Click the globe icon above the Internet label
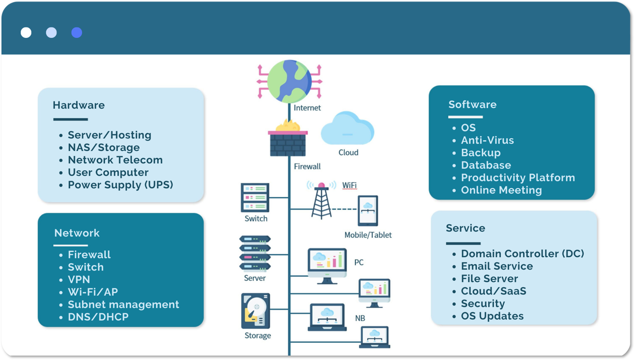pyautogui.click(x=289, y=81)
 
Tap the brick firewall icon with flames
pyautogui.click(x=288, y=140)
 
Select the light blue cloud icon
pyautogui.click(x=347, y=129)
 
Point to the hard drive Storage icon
pyautogui.click(x=256, y=311)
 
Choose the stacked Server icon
pyautogui.click(x=255, y=254)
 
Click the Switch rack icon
pyautogui.click(x=255, y=197)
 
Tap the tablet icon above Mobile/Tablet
pyautogui.click(x=368, y=211)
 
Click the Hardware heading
pyautogui.click(x=79, y=105)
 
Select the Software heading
pyautogui.click(x=472, y=104)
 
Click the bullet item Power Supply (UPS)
pyautogui.click(x=120, y=185)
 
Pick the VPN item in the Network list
pyautogui.click(x=79, y=279)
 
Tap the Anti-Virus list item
pyautogui.click(x=487, y=140)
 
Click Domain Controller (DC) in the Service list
pyautogui.click(x=522, y=254)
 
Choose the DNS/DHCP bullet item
pyautogui.click(x=98, y=317)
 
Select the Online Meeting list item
pyautogui.click(x=501, y=190)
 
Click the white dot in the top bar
pyautogui.click(x=26, y=32)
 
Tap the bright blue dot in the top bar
pyautogui.click(x=77, y=32)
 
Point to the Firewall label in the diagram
pyautogui.click(x=307, y=166)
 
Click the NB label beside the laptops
pyautogui.click(x=360, y=318)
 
